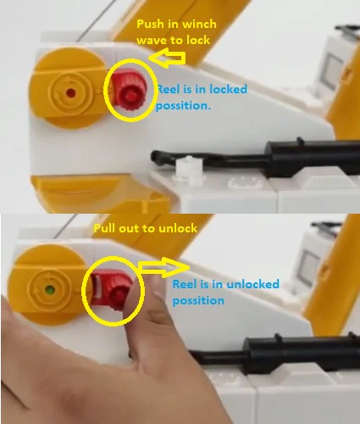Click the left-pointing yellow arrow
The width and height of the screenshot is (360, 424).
168,59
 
